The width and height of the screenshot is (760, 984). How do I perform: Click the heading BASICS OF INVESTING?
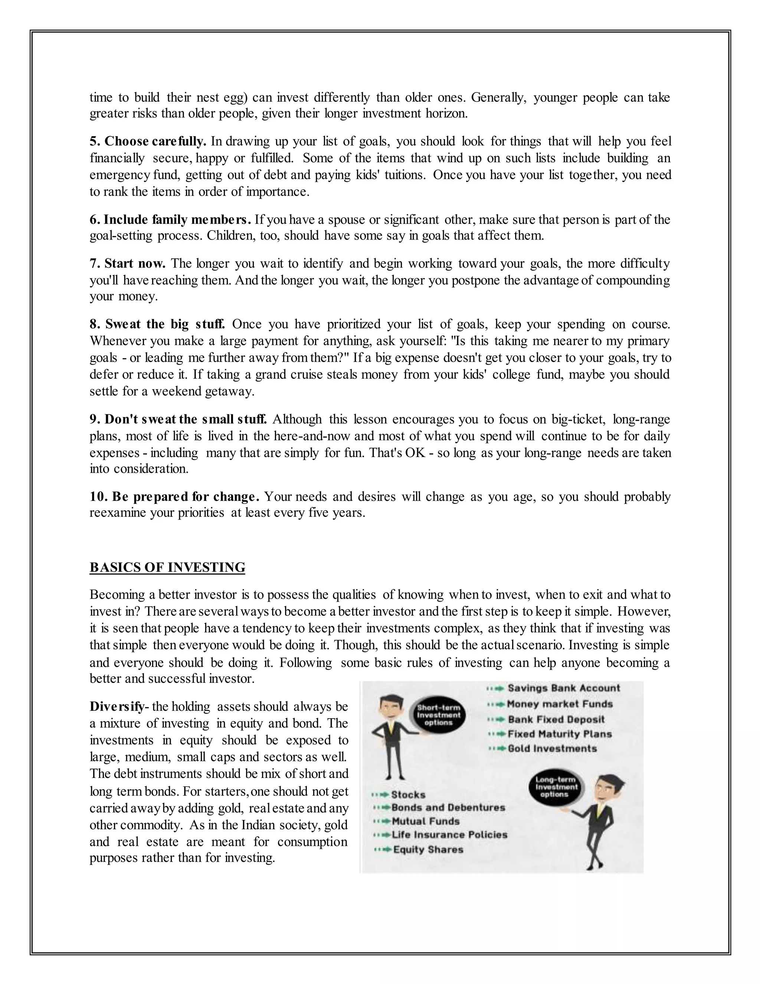167,567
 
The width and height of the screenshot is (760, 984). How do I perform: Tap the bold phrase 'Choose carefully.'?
148,141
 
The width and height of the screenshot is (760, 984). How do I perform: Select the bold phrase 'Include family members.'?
170,219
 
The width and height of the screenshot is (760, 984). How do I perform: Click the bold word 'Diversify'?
117,707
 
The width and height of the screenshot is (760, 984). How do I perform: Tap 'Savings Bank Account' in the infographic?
564,688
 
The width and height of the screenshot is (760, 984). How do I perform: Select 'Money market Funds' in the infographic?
560,704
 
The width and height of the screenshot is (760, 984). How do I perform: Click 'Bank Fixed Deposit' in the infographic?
556,720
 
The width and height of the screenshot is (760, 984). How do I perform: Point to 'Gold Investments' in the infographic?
552,748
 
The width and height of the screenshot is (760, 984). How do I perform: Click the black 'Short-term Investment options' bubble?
439,716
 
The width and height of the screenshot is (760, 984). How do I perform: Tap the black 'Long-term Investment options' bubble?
556,787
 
